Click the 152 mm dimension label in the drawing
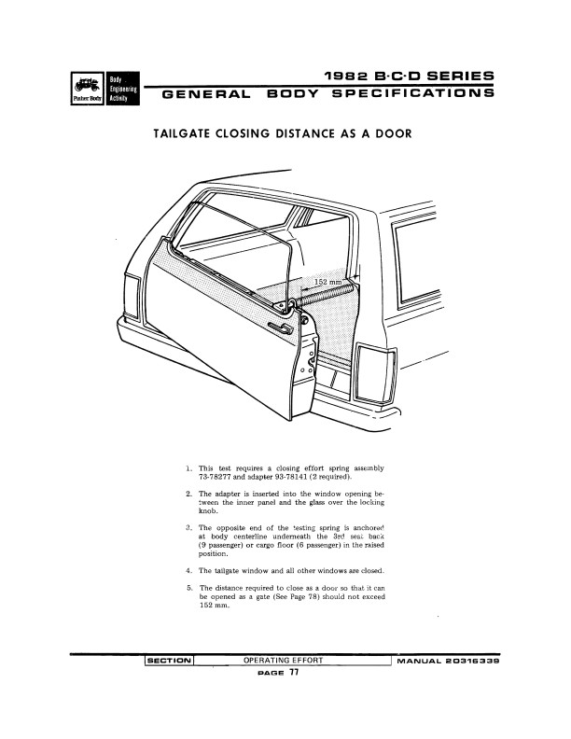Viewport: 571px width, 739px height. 327,282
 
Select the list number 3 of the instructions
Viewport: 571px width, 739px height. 189,527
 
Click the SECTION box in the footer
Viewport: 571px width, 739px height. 169,661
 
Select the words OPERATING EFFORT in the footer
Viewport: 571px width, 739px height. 283,661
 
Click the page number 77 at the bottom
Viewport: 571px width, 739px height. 294,674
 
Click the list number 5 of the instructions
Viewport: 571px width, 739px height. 189,587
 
